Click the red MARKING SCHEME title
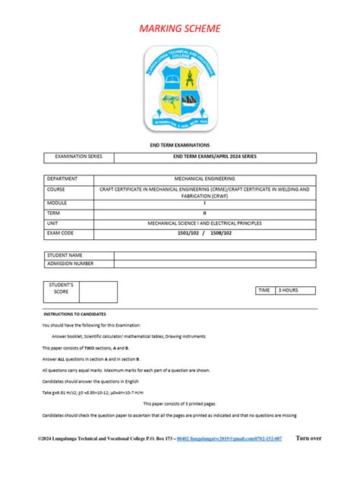coord(180,29)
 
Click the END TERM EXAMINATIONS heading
coord(179,144)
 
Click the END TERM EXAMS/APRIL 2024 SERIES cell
coord(215,157)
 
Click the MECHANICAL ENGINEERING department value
coord(215,178)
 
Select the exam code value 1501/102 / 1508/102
coord(215,234)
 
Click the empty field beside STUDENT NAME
coord(215,254)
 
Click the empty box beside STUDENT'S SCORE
coord(98,292)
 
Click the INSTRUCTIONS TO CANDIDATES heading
coord(74,314)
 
